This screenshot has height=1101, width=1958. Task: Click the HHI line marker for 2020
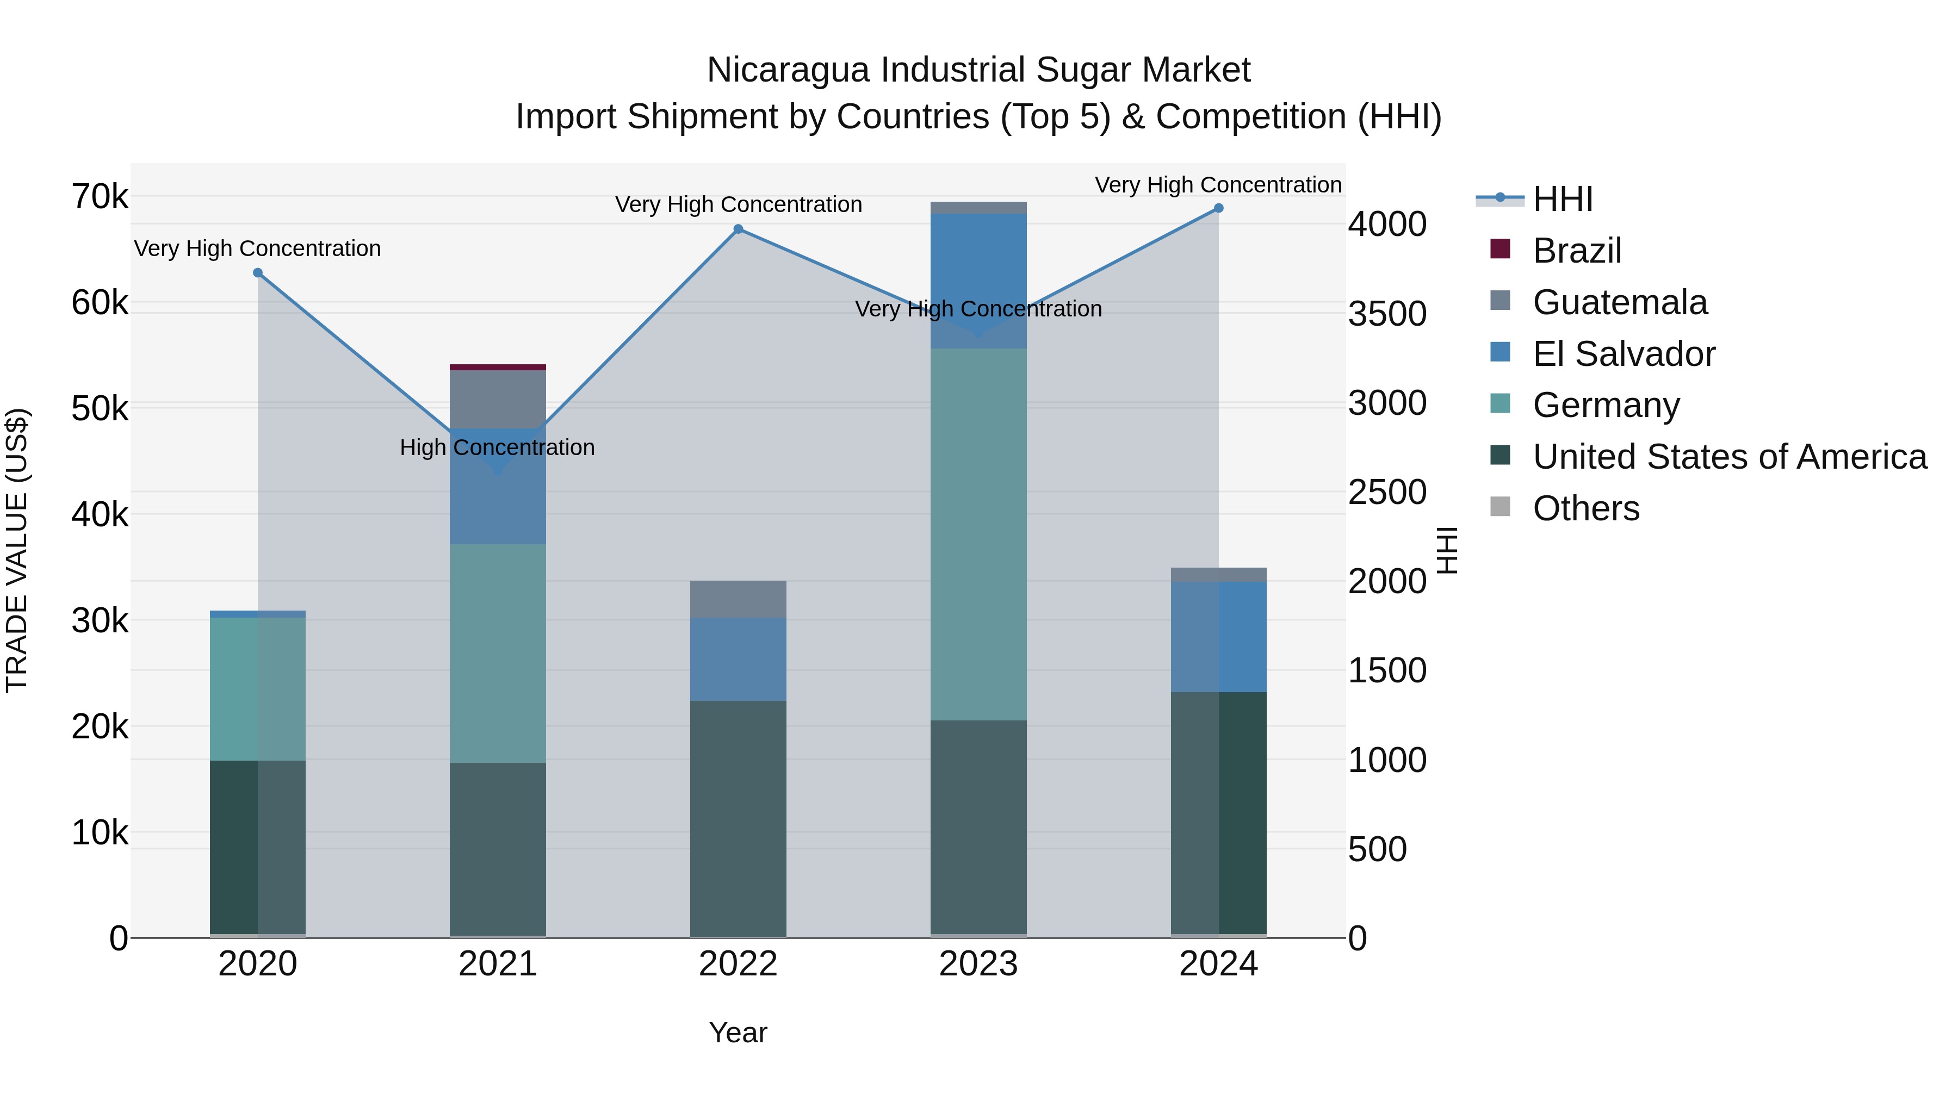[x=258, y=273]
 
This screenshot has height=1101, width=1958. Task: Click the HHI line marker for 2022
[x=738, y=229]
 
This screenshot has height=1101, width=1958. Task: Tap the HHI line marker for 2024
[x=1218, y=208]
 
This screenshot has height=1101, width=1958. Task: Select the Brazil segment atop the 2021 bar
[x=498, y=368]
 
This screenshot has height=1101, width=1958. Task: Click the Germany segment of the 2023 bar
[x=978, y=534]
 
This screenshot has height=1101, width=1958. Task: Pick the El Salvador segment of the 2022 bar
[x=738, y=659]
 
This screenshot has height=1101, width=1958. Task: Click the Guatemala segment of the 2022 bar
[x=738, y=600]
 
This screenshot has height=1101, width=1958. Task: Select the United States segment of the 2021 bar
[x=498, y=849]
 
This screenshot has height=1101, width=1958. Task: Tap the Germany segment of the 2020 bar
[x=258, y=688]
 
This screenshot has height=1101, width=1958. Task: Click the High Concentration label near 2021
[x=497, y=447]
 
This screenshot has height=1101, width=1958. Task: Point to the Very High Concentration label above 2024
[x=1218, y=185]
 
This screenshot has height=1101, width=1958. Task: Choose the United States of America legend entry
[x=1729, y=457]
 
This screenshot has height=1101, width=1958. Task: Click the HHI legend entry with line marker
[x=1562, y=199]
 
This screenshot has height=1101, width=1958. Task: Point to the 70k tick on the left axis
[x=100, y=197]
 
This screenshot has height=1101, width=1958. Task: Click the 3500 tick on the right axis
[x=1387, y=314]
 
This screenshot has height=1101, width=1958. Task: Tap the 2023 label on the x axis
[x=978, y=964]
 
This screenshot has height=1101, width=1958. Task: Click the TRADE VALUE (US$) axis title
[x=17, y=550]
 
